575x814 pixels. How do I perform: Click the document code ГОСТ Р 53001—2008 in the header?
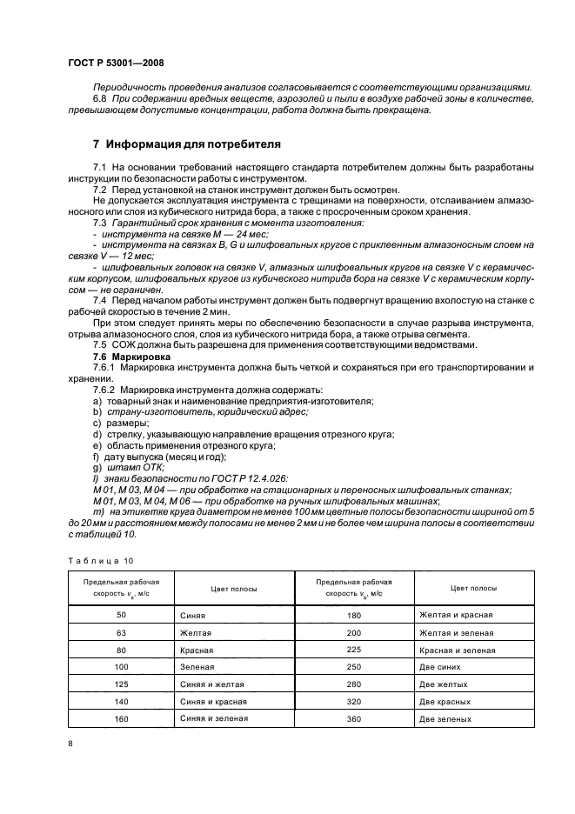[116, 63]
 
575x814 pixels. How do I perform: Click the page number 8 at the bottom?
[70, 743]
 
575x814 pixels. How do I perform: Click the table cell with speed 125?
[121, 684]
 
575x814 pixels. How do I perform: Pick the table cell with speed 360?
[353, 718]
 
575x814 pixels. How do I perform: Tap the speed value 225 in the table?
[353, 649]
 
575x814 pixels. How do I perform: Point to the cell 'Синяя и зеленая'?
[214, 718]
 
